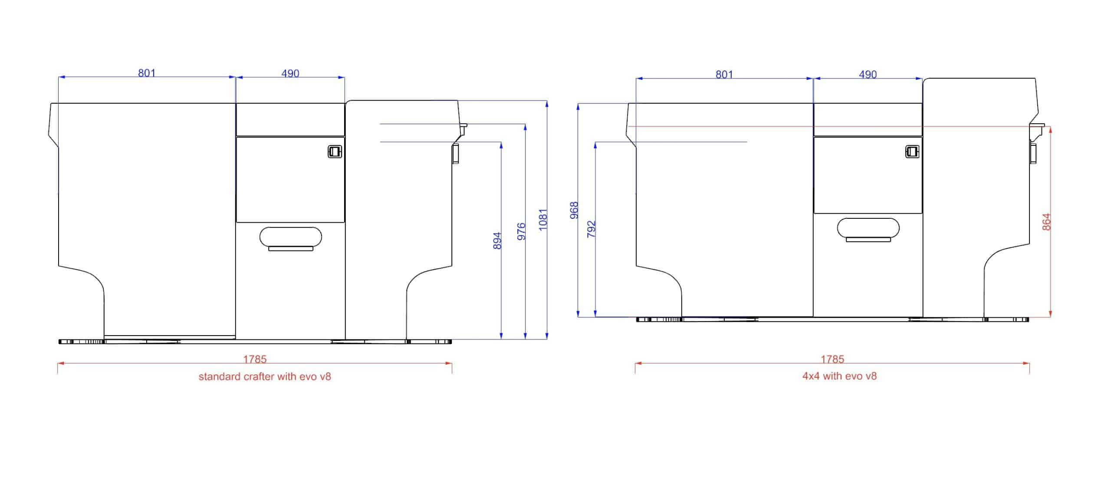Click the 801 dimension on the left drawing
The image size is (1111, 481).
coord(147,73)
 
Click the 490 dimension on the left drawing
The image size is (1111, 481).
coord(290,73)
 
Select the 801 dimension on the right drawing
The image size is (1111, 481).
coord(724,75)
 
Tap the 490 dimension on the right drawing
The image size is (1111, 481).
coord(868,75)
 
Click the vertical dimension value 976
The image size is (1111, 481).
coord(522,231)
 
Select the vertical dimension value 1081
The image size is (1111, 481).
coord(543,220)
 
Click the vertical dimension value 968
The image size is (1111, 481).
coord(574,210)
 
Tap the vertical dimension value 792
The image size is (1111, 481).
coord(591,229)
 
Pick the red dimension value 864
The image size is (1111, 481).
coord(1046,222)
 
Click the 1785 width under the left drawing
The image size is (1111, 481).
coord(255,359)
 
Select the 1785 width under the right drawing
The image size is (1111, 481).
coord(832,359)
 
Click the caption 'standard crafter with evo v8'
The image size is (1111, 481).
coord(265,376)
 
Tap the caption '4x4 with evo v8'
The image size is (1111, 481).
coord(839,376)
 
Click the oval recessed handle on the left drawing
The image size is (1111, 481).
coord(290,237)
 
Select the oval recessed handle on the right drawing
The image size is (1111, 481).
coord(868,228)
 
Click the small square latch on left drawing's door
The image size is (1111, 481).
coord(335,152)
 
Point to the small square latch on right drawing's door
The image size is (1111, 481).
coord(912,152)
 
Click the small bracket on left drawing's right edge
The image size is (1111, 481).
coord(456,154)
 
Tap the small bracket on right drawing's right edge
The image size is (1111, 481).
coord(1033,153)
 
